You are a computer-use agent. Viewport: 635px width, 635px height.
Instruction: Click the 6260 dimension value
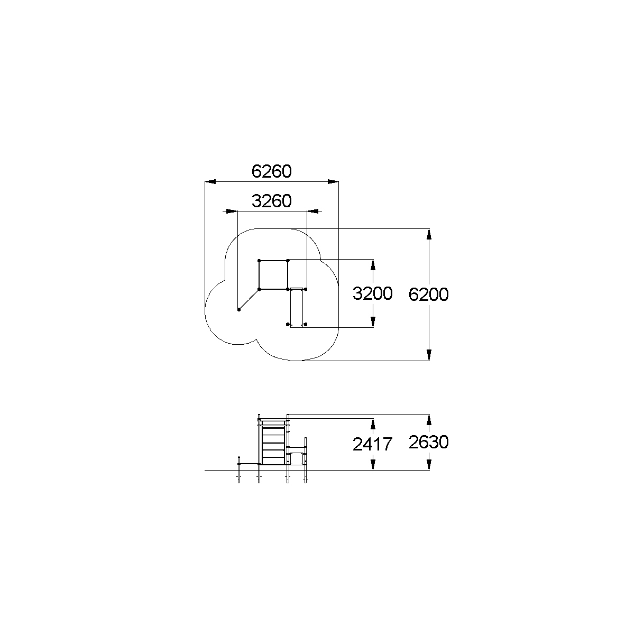click(x=271, y=171)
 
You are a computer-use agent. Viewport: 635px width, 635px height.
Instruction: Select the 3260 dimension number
click(x=272, y=201)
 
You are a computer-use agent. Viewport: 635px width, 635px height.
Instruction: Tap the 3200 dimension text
click(x=372, y=293)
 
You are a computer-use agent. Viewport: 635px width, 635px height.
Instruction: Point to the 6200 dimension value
click(x=428, y=295)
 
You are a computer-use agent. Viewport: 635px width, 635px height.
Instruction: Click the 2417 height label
click(x=372, y=444)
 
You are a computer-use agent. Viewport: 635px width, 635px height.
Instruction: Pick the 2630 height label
click(x=428, y=442)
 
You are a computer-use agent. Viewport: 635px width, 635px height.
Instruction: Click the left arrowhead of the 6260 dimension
click(x=210, y=181)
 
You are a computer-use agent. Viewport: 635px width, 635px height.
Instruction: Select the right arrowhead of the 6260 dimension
click(x=333, y=181)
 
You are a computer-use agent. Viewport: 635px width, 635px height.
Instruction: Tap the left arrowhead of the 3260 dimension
click(x=232, y=211)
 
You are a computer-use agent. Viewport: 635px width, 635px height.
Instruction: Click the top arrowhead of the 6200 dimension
click(x=429, y=234)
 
